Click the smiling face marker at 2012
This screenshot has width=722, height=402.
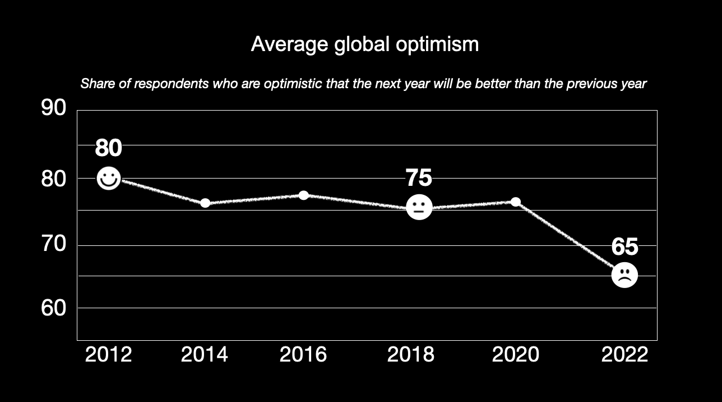(109, 179)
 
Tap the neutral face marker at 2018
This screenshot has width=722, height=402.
(418, 208)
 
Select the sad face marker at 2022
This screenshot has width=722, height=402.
(624, 275)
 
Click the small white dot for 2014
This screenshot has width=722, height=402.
(205, 203)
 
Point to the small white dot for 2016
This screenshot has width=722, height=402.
(304, 195)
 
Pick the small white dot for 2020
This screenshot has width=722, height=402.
(515, 202)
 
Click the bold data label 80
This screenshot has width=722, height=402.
(108, 148)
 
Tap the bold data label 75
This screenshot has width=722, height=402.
(419, 178)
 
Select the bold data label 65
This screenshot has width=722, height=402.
(624, 246)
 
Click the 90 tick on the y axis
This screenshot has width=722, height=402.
(54, 108)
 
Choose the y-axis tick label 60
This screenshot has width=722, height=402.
(54, 308)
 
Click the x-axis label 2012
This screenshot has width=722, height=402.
(108, 355)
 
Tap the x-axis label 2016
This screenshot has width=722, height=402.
(303, 355)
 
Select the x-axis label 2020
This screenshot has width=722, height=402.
(515, 355)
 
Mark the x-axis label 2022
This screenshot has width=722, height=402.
(624, 355)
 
